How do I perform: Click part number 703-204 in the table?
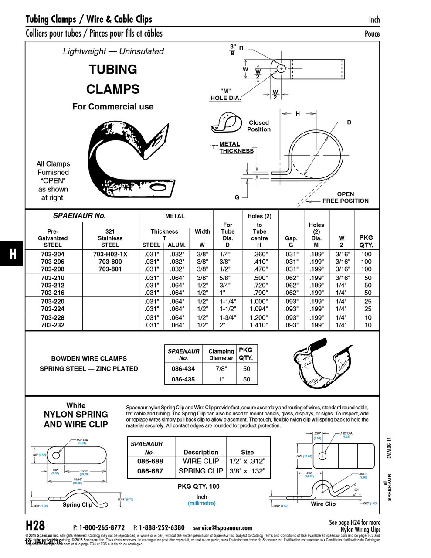pyautogui.click(x=53, y=254)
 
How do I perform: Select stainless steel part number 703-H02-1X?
pyautogui.click(x=110, y=254)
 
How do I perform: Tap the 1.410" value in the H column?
pyautogui.click(x=258, y=325)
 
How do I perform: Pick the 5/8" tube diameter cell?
pyautogui.click(x=225, y=278)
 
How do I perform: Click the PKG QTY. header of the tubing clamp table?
pyautogui.click(x=366, y=241)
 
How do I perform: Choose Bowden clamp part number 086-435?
pyautogui.click(x=183, y=379)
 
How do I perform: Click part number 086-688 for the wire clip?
pyautogui.click(x=150, y=461)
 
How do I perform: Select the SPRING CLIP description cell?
pyautogui.click(x=200, y=471)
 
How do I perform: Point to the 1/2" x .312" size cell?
pyautogui.click(x=247, y=461)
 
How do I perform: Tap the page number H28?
pyautogui.click(x=36, y=525)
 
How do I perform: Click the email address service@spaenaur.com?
pyautogui.click(x=223, y=527)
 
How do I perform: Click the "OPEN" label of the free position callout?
pyautogui.click(x=345, y=194)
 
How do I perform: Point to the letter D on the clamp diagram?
pyautogui.click(x=349, y=122)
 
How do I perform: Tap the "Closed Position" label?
pyautogui.click(x=259, y=126)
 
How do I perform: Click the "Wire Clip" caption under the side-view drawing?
pyautogui.click(x=323, y=504)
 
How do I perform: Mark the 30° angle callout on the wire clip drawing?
pyautogui.click(x=356, y=490)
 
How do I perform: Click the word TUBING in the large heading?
pyautogui.click(x=113, y=70)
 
